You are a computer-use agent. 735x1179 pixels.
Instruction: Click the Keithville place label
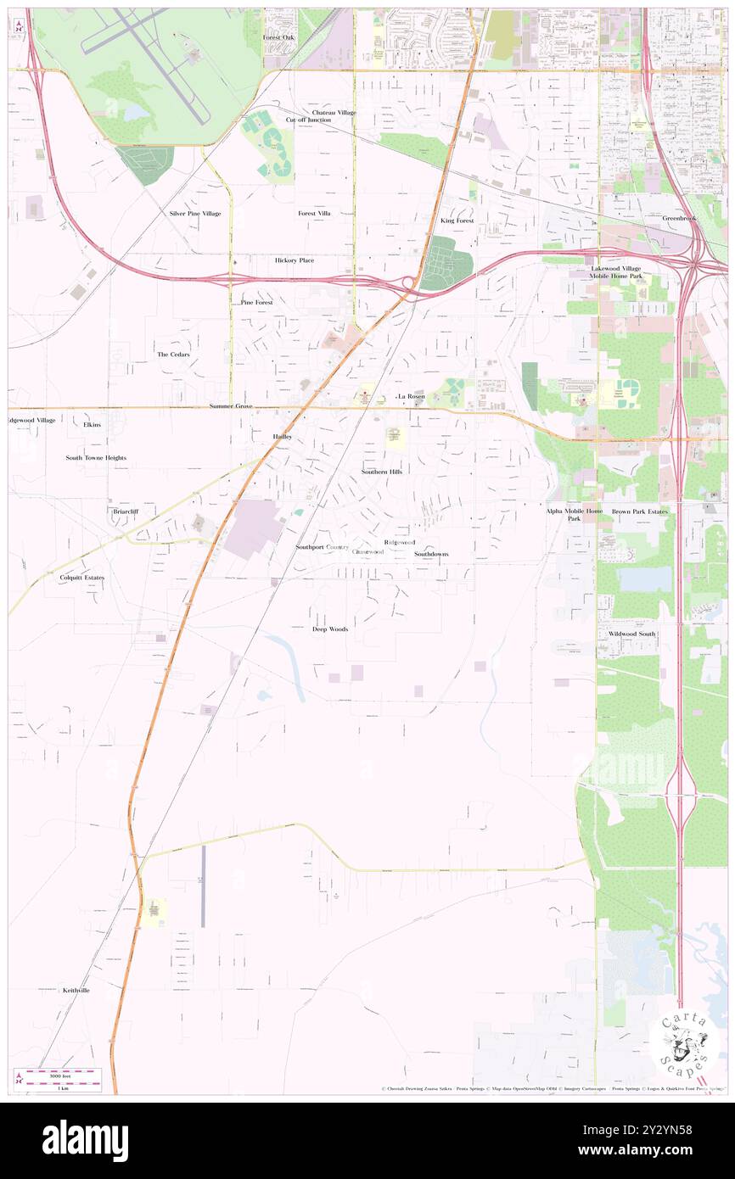76,990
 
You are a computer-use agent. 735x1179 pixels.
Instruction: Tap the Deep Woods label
330,629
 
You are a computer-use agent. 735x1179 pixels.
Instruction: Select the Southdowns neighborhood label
431,554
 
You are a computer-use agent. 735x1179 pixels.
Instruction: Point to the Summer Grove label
231,406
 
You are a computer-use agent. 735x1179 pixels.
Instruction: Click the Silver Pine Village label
194,214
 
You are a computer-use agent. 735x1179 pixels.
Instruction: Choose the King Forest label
457,221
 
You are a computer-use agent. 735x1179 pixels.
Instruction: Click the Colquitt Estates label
81,578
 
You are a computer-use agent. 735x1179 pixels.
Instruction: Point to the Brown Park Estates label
640,512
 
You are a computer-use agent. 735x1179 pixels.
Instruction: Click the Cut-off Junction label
308,120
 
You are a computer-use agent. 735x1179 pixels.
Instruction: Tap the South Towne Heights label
96,457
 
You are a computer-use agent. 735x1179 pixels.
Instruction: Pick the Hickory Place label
294,260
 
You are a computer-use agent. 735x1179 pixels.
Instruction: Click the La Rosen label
412,396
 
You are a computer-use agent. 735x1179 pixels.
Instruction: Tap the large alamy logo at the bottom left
85,1141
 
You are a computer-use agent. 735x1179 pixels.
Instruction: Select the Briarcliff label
125,512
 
